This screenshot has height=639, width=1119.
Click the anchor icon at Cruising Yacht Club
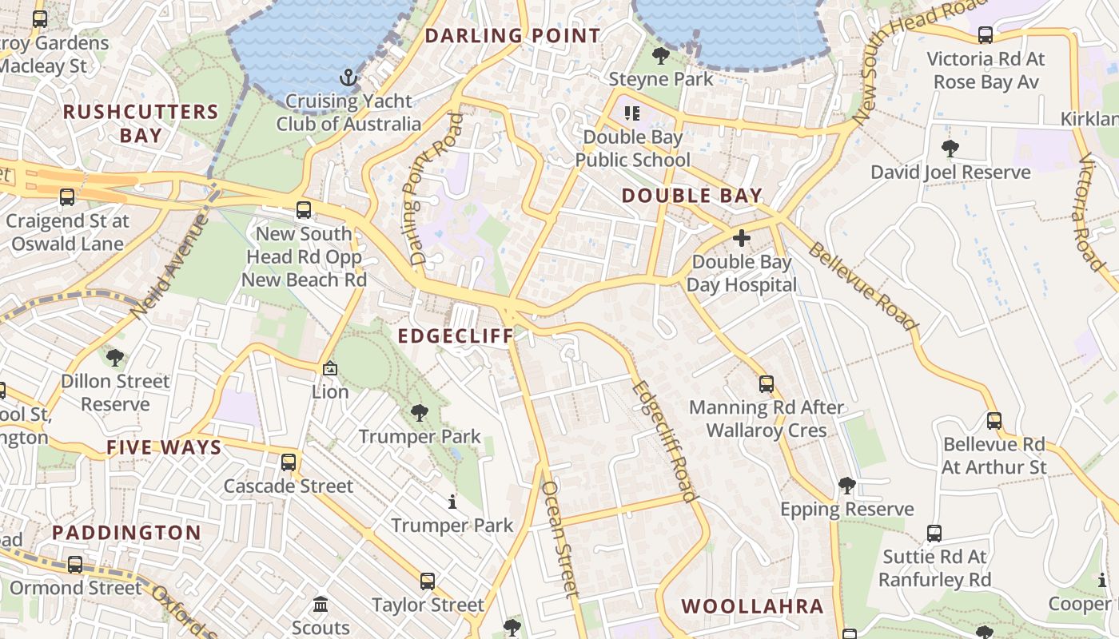point(348,77)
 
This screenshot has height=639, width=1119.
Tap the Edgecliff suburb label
point(456,336)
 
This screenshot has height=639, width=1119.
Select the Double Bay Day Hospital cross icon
point(742,238)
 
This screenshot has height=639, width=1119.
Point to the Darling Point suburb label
point(512,36)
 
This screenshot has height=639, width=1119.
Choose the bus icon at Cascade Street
point(289,462)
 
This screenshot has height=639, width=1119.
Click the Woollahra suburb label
point(752,606)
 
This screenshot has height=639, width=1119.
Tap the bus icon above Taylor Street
point(428,581)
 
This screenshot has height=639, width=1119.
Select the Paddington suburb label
point(127,533)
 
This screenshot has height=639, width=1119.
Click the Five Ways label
point(164,447)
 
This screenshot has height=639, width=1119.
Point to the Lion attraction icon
point(329,368)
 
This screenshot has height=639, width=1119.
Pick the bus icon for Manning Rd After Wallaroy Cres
point(766,384)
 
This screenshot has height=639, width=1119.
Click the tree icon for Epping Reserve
point(846,486)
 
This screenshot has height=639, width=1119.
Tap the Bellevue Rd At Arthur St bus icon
point(994,421)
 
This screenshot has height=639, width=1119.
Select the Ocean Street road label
point(559,539)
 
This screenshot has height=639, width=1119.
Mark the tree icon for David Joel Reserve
point(950,149)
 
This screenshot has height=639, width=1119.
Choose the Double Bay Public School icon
point(632,113)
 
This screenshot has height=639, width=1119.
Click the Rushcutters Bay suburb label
point(141,123)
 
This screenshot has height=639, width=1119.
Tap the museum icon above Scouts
point(321,604)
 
